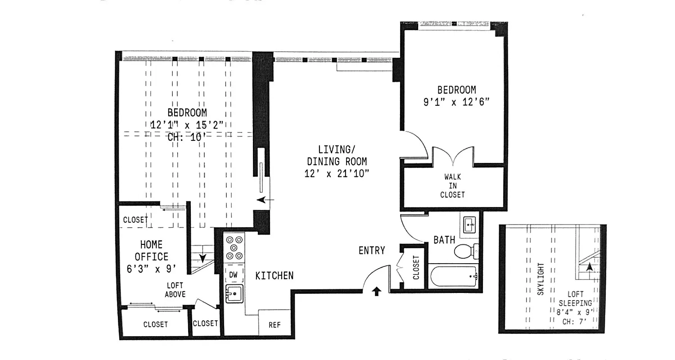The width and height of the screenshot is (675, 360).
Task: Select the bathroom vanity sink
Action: tap(471, 223)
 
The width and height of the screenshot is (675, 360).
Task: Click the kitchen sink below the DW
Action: tap(234, 294)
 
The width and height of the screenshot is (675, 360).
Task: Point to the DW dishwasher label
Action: tap(234, 274)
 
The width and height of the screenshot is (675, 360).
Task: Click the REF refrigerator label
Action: tap(274, 324)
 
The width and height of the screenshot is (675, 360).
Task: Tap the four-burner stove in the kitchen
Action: tap(234, 248)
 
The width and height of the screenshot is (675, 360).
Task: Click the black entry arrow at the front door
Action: tap(377, 292)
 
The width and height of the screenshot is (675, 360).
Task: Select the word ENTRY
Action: tap(372, 251)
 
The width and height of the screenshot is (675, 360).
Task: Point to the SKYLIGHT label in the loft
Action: tap(541, 279)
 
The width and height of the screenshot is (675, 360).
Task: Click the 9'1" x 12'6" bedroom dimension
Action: tap(456, 102)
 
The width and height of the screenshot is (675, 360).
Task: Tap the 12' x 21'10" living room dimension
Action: tap(337, 173)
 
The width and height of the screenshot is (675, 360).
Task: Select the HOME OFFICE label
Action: tap(151, 251)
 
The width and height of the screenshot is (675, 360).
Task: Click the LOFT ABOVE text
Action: tap(175, 290)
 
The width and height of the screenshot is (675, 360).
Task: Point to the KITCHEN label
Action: tap(274, 275)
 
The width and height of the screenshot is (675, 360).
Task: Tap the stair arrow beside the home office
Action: tap(202, 258)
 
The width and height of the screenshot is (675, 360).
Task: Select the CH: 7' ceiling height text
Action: tap(575, 322)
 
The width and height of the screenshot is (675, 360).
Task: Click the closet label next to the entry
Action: tap(416, 268)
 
